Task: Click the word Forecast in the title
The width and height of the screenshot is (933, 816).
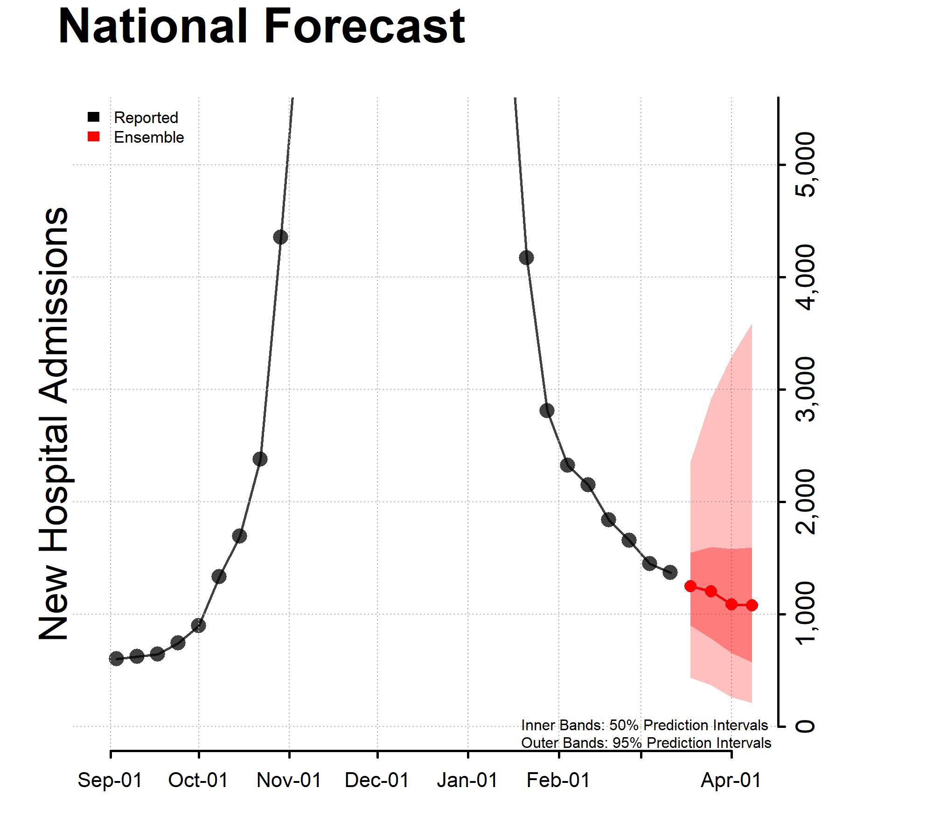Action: tap(364, 27)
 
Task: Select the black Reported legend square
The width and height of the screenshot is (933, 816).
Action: tap(94, 117)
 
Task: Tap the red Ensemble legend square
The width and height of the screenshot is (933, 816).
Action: tap(94, 137)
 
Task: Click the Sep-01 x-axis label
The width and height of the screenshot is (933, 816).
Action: tap(110, 780)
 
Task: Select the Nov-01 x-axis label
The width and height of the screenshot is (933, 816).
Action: tap(289, 780)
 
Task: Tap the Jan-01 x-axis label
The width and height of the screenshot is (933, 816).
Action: tap(467, 780)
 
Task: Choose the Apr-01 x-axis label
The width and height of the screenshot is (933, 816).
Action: tap(731, 780)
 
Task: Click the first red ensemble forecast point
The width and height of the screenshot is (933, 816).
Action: tap(690, 586)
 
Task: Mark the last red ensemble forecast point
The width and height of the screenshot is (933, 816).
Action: tap(752, 605)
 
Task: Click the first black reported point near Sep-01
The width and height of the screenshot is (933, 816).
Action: tap(116, 658)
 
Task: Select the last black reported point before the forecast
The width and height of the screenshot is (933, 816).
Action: tap(670, 572)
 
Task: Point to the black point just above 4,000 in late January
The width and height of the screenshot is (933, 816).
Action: tap(526, 257)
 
